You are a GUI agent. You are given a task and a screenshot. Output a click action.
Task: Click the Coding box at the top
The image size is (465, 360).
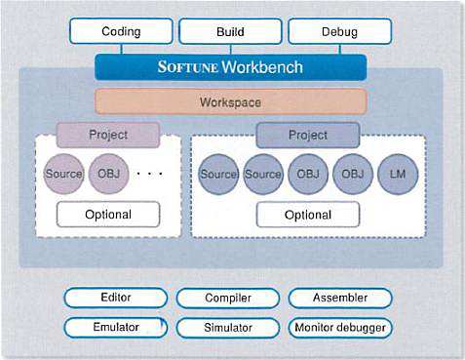[x=121, y=31]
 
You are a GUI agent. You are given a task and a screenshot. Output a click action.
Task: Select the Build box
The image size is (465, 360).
[x=230, y=31]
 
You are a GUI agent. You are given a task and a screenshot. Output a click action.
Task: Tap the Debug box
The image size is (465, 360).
[x=340, y=31]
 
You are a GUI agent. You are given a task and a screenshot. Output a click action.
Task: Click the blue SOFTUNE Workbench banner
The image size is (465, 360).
[x=231, y=67]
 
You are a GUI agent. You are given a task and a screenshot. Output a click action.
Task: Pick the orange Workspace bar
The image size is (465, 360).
[x=231, y=102]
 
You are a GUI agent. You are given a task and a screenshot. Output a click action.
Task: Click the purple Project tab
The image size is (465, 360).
[x=108, y=135]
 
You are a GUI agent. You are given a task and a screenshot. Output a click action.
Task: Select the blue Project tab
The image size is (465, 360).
[x=308, y=135]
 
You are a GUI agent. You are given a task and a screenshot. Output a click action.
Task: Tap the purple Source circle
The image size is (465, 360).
[x=63, y=174]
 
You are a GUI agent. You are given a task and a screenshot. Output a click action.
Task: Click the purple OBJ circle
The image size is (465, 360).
[x=109, y=174]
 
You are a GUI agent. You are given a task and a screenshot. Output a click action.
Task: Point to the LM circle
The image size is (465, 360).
[x=398, y=175]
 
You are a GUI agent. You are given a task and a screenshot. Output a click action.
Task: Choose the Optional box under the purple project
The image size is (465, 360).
[x=108, y=215]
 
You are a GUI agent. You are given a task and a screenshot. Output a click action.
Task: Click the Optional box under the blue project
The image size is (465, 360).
[x=308, y=215]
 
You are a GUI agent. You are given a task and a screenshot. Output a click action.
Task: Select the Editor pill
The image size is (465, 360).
[x=116, y=298]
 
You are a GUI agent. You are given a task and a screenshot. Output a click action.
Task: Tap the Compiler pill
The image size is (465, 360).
[x=228, y=298]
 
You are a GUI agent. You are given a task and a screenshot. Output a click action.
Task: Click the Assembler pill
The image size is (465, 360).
[x=340, y=298]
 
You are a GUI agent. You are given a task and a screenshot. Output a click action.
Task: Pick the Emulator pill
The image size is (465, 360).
[x=116, y=327]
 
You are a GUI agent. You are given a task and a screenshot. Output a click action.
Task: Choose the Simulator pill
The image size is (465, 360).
[x=228, y=328]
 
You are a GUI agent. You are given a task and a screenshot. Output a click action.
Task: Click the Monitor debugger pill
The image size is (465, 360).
[x=340, y=328]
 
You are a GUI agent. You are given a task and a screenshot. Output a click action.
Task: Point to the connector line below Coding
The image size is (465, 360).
[x=121, y=49]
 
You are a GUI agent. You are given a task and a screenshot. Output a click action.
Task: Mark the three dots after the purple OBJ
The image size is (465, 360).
[x=149, y=174]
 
